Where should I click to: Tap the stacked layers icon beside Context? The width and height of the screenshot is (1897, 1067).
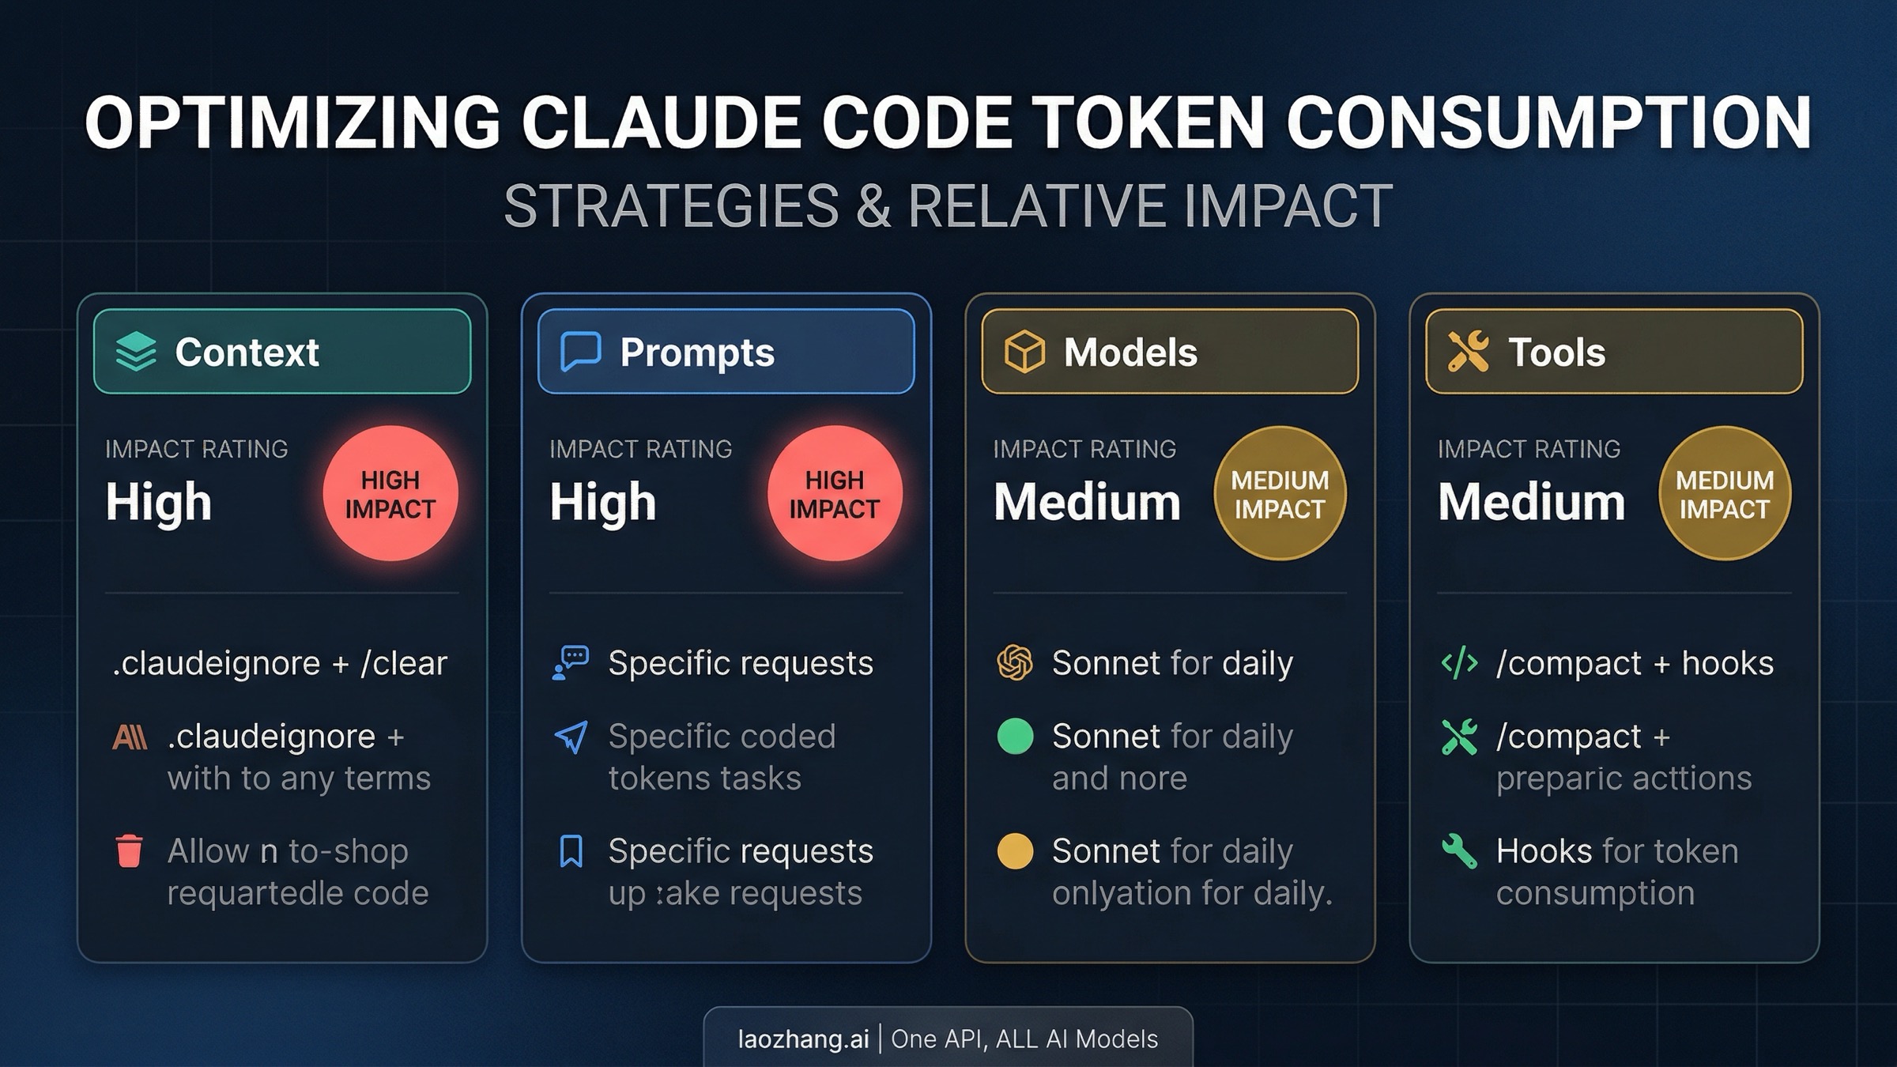pyautogui.click(x=136, y=352)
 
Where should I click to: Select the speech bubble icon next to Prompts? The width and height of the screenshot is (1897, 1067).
pyautogui.click(x=581, y=352)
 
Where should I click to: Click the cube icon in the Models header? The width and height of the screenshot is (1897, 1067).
pyautogui.click(x=1024, y=352)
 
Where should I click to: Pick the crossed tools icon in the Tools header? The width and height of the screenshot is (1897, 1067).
pyautogui.click(x=1468, y=352)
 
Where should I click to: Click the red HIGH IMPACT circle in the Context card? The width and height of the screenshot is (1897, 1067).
pyautogui.click(x=390, y=494)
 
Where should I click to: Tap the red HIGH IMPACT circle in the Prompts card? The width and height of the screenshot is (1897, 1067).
pyautogui.click(x=835, y=494)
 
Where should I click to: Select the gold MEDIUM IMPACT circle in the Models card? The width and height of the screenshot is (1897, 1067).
pyautogui.click(x=1280, y=494)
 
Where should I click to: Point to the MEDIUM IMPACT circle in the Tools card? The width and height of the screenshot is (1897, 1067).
pyautogui.click(x=1725, y=494)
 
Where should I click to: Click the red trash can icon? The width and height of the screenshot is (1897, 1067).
pyautogui.click(x=129, y=851)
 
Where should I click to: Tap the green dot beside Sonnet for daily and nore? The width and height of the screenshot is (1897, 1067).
pyautogui.click(x=1016, y=737)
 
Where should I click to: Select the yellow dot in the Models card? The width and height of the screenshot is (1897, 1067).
pyautogui.click(x=1016, y=851)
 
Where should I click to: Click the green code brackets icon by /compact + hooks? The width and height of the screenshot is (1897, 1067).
pyautogui.click(x=1459, y=663)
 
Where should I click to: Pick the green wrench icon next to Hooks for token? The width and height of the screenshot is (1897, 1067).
pyautogui.click(x=1459, y=851)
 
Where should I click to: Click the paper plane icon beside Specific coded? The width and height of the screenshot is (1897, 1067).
pyautogui.click(x=571, y=737)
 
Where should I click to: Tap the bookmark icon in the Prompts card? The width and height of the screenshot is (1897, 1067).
pyautogui.click(x=571, y=851)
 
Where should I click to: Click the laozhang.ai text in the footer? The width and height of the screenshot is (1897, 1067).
pyautogui.click(x=803, y=1039)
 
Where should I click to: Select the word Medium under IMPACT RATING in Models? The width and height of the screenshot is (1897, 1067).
pyautogui.click(x=1087, y=502)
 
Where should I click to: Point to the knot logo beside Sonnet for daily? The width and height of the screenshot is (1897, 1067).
pyautogui.click(x=1015, y=663)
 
